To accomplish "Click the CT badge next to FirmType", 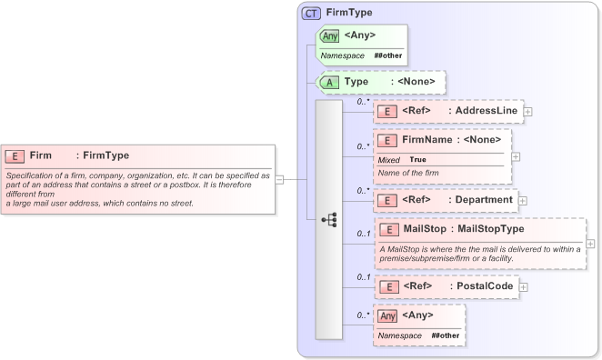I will pos(311,14).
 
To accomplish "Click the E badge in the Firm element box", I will pos(15,155).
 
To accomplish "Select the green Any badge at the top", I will pos(329,36).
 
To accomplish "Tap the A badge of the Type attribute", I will pos(328,82).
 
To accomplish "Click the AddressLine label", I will pos(487,111).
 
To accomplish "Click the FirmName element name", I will pos(427,141).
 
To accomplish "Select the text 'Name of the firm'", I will pos(409,172).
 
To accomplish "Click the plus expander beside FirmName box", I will pos(517,156).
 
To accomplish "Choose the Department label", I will pos(484,199).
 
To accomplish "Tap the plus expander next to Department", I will pos(523,200).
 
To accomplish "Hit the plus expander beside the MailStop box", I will pos(591,244).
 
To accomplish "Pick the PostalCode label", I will pos(486,286).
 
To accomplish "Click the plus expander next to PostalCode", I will pos(524,287).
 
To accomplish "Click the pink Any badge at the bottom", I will pos(387,315).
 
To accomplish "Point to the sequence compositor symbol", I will pos(329,220).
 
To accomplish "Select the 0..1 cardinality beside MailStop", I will pos(363,234).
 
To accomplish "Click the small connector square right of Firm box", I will pos(280,179).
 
